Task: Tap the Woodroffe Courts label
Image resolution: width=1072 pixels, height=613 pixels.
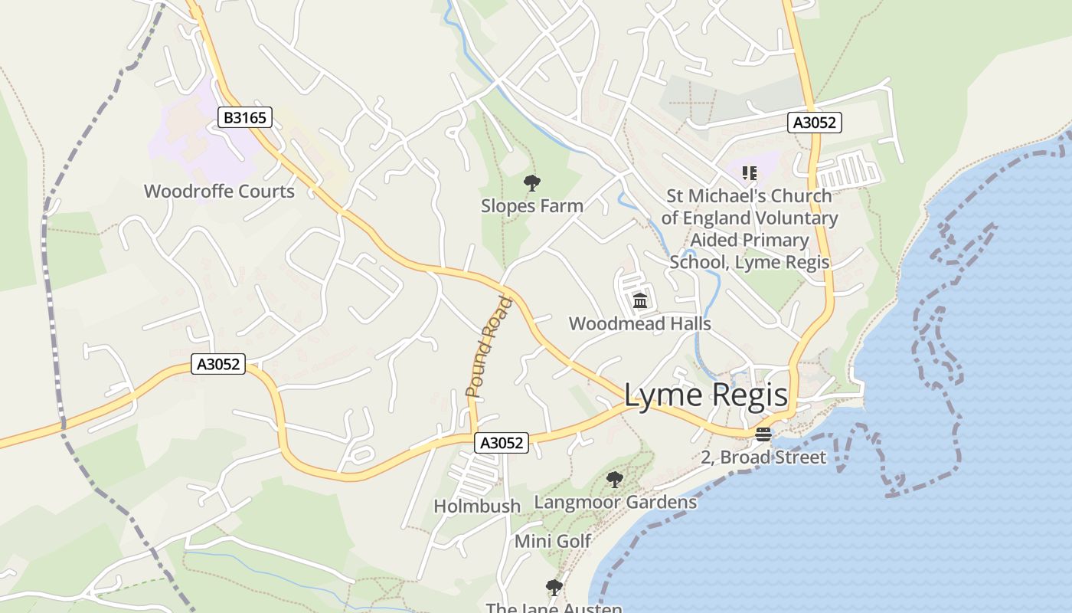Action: point(219,191)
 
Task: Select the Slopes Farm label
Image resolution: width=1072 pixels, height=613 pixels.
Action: point(532,205)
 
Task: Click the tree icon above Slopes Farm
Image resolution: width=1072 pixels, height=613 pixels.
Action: point(531,183)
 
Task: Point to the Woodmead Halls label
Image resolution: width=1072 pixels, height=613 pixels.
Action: point(639,323)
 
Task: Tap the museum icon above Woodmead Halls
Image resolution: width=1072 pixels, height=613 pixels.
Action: point(640,300)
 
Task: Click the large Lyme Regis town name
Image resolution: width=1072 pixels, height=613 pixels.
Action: point(705,395)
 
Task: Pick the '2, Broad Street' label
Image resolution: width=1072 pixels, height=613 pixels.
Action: point(763,457)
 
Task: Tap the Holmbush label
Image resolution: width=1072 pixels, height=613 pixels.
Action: point(477,506)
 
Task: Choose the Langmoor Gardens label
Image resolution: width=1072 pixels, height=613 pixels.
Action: point(616,502)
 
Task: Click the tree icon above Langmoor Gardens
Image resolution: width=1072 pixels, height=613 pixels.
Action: point(614,480)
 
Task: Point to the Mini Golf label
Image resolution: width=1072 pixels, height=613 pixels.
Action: point(553,541)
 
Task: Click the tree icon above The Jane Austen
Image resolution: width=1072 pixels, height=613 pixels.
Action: point(554,588)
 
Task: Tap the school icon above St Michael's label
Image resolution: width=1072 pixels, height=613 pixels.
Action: point(749,173)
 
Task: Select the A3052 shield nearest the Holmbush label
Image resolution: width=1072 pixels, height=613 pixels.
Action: point(502,442)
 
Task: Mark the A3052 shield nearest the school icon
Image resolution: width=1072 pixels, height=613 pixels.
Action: point(815,123)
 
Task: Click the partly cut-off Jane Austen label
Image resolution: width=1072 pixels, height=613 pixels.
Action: point(554,608)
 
